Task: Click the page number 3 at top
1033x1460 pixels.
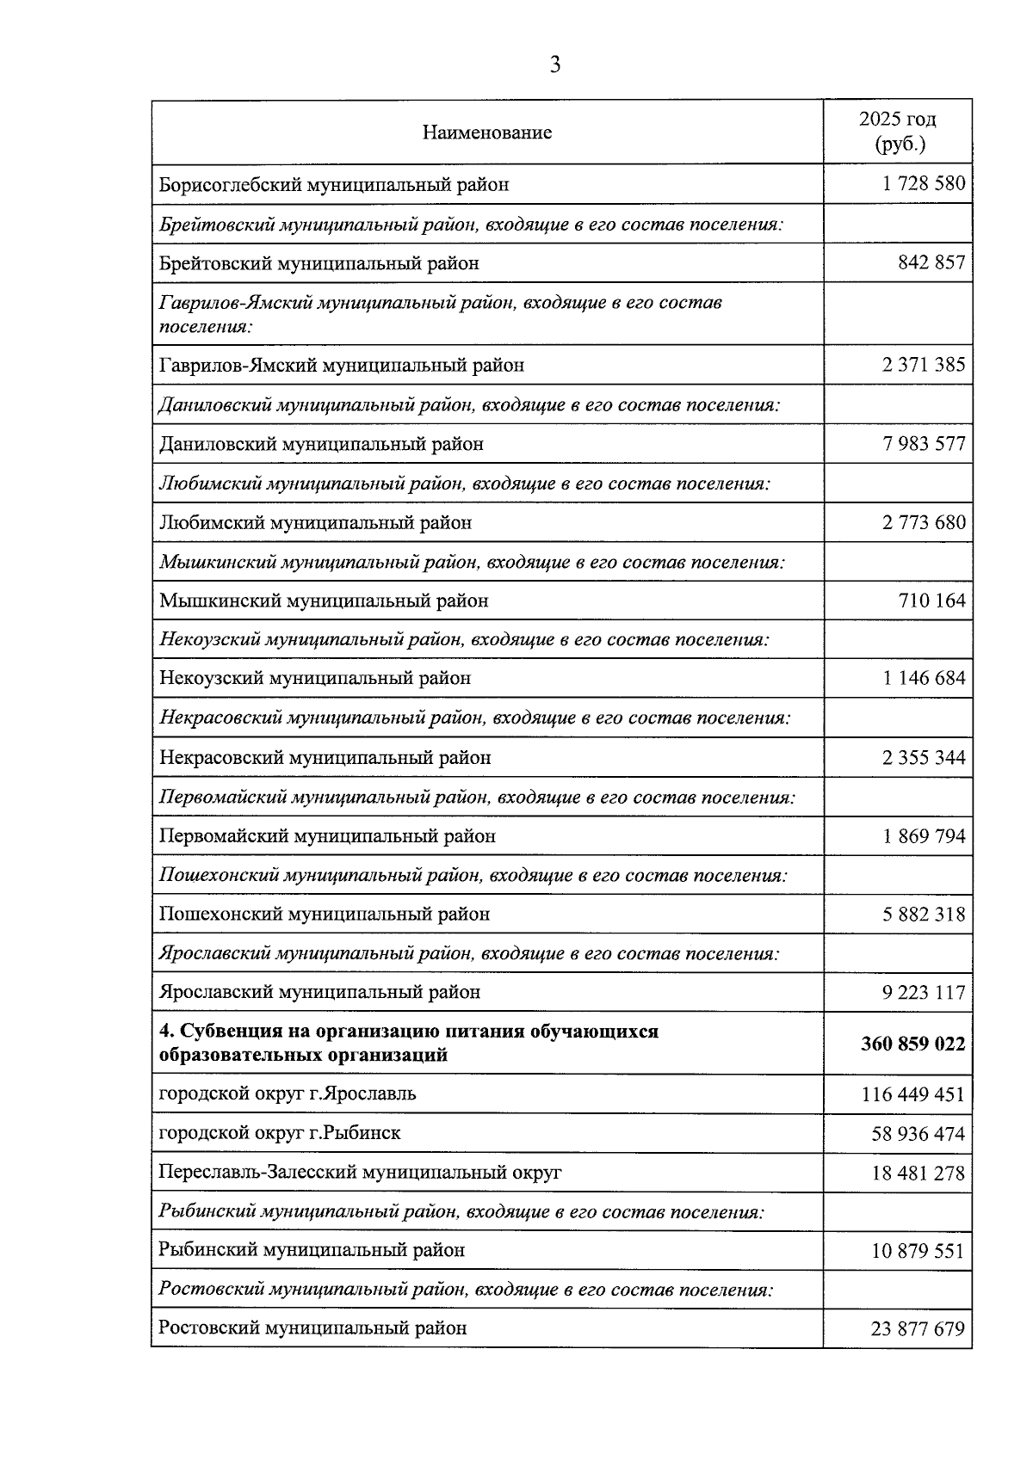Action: (x=555, y=65)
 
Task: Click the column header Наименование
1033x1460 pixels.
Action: (x=487, y=132)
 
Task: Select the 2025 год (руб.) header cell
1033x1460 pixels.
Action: (x=898, y=132)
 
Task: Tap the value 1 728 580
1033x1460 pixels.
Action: (x=924, y=183)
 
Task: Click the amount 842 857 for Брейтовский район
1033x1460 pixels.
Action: (x=931, y=262)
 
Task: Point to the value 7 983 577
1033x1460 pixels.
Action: (x=924, y=444)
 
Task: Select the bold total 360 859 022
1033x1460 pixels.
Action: (x=913, y=1044)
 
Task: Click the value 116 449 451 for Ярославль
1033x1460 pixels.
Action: (x=913, y=1094)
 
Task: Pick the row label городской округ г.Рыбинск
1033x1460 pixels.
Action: (x=280, y=1133)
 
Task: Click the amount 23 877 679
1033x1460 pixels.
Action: (x=918, y=1329)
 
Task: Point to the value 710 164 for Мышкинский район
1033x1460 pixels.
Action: (x=931, y=601)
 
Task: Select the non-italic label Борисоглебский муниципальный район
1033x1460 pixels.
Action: (x=334, y=184)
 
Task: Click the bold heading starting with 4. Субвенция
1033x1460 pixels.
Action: (x=409, y=1043)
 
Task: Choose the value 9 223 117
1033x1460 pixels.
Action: (x=924, y=993)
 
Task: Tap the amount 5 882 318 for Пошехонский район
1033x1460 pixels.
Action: (x=924, y=915)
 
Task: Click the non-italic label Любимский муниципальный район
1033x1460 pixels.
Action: (x=316, y=522)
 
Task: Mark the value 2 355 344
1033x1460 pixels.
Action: (x=924, y=758)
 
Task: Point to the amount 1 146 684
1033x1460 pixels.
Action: (x=924, y=678)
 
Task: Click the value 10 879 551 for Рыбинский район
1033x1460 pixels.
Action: (x=918, y=1251)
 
